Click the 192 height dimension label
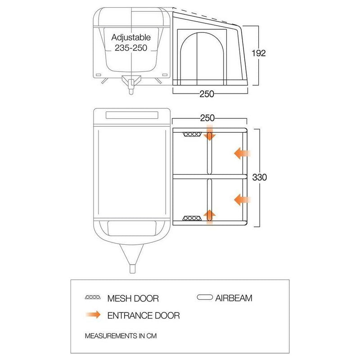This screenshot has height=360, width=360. pyautogui.click(x=258, y=53)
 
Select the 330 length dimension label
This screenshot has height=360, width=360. pyautogui.click(x=260, y=177)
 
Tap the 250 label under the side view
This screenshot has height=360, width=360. pyautogui.click(x=207, y=94)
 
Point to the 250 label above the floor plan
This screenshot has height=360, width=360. pyautogui.click(x=207, y=118)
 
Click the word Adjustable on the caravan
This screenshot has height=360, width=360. pyautogui.click(x=131, y=37)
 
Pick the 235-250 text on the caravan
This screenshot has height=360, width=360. pyautogui.click(x=131, y=48)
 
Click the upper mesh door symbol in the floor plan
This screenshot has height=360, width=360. pyautogui.click(x=192, y=134)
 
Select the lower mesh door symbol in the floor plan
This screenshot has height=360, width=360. pyautogui.click(x=192, y=218)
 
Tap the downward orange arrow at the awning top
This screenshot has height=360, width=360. pyautogui.click(x=209, y=132)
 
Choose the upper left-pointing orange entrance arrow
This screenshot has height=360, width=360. pyautogui.click(x=242, y=153)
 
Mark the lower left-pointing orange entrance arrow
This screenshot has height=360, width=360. pyautogui.click(x=242, y=199)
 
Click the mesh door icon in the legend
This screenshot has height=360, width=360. pyautogui.click(x=93, y=297)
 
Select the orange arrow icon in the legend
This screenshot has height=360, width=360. pyautogui.click(x=93, y=315)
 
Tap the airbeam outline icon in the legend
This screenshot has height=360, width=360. pyautogui.click(x=205, y=297)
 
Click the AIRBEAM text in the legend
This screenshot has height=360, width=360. pyautogui.click(x=234, y=298)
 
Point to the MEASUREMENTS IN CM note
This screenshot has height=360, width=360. pyautogui.click(x=121, y=336)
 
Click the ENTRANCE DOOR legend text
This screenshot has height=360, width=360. pyautogui.click(x=144, y=315)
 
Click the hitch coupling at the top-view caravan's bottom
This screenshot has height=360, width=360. pyautogui.click(x=132, y=269)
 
